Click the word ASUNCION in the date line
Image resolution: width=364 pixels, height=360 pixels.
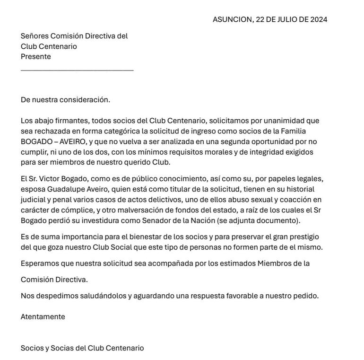click(232, 19)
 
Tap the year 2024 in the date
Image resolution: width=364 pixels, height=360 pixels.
click(319, 19)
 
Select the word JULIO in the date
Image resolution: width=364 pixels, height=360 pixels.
click(286, 19)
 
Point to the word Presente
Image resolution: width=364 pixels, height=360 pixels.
click(36, 56)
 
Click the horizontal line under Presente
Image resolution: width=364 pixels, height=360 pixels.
click(77, 70)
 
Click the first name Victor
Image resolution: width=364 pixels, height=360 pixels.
click(51, 179)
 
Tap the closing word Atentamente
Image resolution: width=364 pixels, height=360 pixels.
click(43, 316)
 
